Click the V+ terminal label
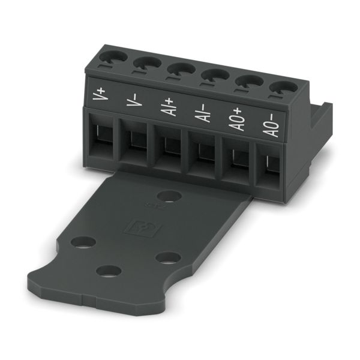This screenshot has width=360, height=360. pyautogui.click(x=100, y=94)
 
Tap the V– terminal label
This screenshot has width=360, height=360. pyautogui.click(x=134, y=100)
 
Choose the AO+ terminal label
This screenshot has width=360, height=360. pyautogui.click(x=237, y=120)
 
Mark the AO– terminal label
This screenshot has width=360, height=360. pyautogui.click(x=271, y=126)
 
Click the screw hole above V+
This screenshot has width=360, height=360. pyautogui.click(x=113, y=57)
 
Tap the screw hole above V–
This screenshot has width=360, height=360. pyautogui.click(x=147, y=62)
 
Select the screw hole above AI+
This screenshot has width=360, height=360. pyautogui.click(x=181, y=69)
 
